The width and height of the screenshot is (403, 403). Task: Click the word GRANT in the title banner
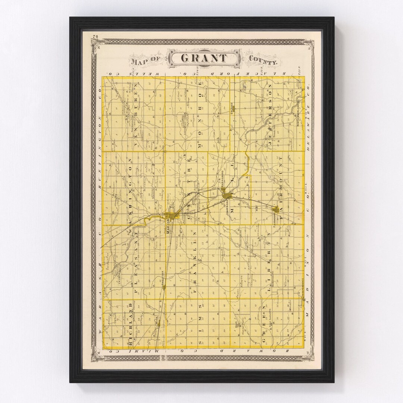(203, 58)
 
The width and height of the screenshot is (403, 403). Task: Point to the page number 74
(96, 36)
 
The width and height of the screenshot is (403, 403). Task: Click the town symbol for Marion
(172, 216)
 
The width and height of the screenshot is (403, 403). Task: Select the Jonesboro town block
(227, 194)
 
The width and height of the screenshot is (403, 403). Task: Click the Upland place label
(231, 109)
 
